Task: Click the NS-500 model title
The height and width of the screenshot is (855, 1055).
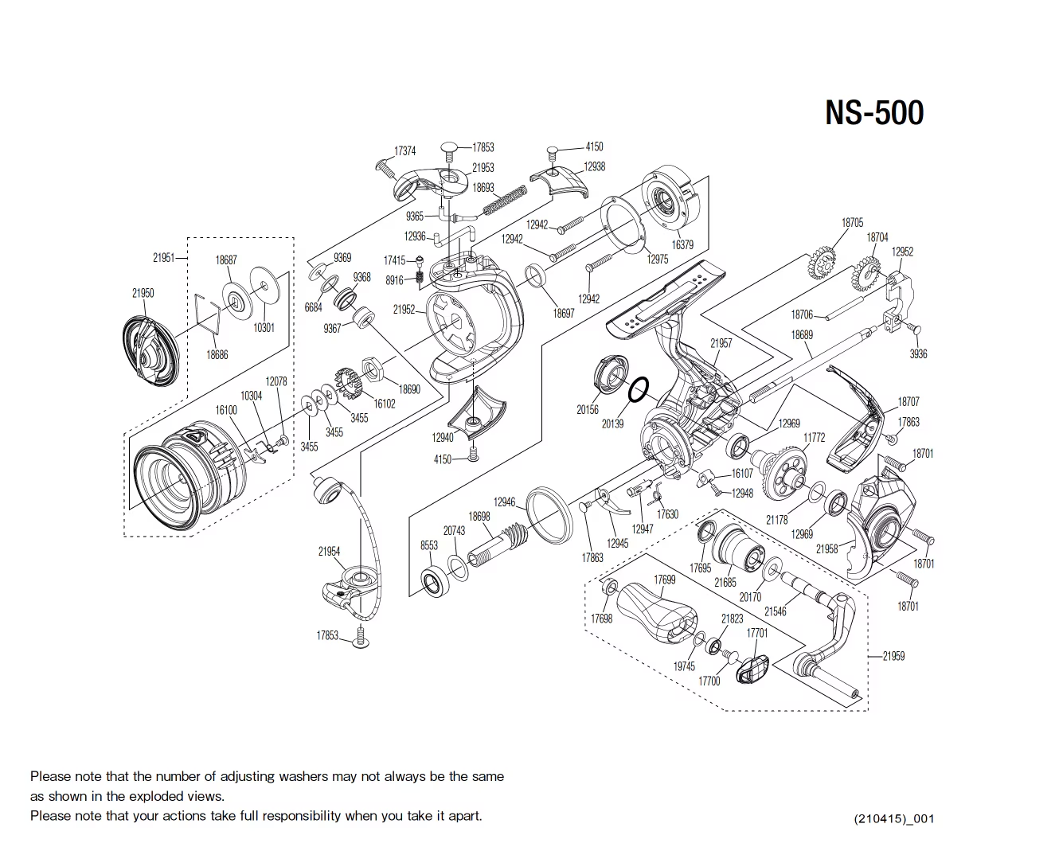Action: click(x=873, y=112)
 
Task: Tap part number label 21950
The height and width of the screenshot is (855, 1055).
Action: click(x=143, y=293)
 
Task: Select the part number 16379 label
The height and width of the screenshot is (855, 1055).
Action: click(x=682, y=244)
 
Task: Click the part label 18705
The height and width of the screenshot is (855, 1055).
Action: click(x=852, y=223)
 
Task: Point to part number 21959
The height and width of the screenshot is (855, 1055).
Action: click(x=893, y=656)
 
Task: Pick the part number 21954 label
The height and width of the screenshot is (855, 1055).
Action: click(x=329, y=551)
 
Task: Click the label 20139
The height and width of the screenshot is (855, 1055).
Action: click(x=612, y=424)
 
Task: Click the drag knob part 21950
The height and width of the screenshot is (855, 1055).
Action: click(x=150, y=351)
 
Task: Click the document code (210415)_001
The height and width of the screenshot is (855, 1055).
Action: click(x=893, y=818)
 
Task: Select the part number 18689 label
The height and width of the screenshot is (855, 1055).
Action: click(x=802, y=335)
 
